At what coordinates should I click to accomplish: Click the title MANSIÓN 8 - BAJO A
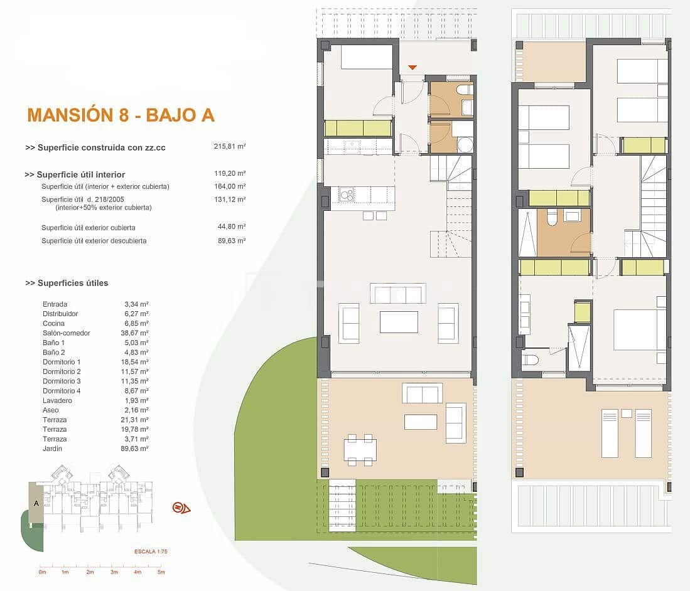click(x=121, y=115)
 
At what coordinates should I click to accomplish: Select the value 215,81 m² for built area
click(x=229, y=146)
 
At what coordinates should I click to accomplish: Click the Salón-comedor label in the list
click(x=66, y=333)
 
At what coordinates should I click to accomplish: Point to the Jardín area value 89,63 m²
click(x=136, y=449)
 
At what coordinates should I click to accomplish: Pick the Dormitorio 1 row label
click(x=62, y=362)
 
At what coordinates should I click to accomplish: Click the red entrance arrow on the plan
click(x=412, y=67)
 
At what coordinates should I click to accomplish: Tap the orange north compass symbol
click(x=181, y=508)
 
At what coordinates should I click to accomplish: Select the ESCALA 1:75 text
click(x=151, y=551)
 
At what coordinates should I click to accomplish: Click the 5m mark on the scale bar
click(x=161, y=572)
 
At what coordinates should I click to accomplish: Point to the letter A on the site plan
click(x=36, y=503)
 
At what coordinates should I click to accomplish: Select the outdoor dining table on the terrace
click(x=360, y=450)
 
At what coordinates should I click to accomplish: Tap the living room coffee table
click(x=399, y=322)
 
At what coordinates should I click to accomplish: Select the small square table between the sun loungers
click(x=626, y=413)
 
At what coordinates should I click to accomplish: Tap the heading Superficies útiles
click(x=67, y=283)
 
